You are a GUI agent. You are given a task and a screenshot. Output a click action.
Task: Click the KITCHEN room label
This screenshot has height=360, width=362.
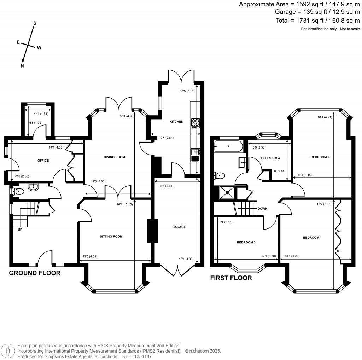176,122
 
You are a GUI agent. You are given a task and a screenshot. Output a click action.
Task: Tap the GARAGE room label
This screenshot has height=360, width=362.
179,227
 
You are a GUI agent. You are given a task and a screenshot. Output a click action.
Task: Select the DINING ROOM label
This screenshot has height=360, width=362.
115,157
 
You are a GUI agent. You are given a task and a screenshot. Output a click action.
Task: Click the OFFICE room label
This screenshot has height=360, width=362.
43,161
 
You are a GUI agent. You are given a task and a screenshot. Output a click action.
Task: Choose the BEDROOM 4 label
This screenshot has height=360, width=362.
270,158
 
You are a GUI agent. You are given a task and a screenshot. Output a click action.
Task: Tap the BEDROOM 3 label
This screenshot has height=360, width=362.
246,243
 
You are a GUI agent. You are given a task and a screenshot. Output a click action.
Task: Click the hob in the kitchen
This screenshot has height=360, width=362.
195,122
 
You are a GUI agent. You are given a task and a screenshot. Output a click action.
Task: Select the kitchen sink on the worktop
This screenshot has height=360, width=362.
195,152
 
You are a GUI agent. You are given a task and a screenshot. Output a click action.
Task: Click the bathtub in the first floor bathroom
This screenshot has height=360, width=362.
228,146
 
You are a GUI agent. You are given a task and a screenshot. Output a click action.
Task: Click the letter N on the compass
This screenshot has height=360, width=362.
22,66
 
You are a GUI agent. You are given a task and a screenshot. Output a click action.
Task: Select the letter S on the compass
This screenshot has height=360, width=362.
35,23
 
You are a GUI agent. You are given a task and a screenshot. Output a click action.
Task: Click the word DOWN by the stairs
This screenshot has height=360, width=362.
262,208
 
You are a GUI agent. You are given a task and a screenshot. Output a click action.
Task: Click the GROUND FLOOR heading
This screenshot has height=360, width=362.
35,273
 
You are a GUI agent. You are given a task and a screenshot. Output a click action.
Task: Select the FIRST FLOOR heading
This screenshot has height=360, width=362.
231,278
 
